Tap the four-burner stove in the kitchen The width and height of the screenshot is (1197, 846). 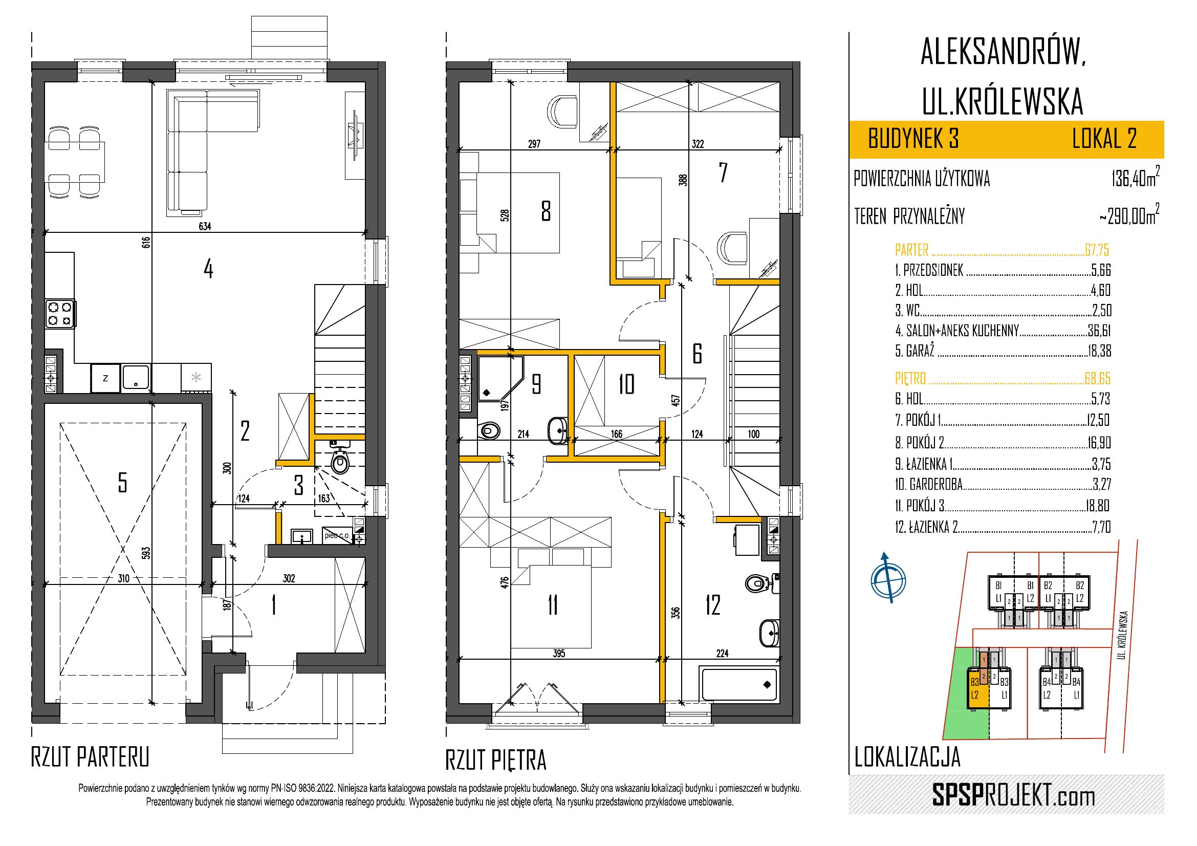point(60,313)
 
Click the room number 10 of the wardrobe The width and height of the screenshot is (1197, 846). point(626,384)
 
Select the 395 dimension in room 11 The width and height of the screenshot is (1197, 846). point(558,654)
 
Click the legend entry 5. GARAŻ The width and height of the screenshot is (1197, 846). point(915,351)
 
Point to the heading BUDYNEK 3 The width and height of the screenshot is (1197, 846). point(913,140)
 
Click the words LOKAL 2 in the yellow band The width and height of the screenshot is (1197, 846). point(1104,140)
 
